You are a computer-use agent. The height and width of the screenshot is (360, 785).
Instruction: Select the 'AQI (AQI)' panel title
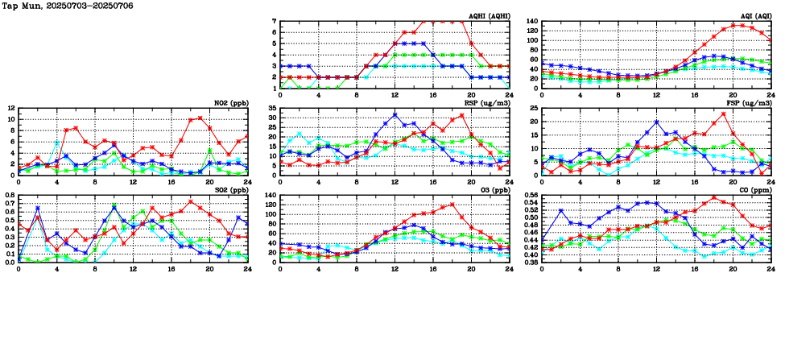coord(754,15)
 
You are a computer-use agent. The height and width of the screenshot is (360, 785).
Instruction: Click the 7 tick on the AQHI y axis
coord(274,22)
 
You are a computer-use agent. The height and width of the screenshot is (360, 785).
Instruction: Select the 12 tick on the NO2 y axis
coord(10,108)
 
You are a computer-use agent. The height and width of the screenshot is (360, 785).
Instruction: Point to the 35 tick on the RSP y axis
coord(272,108)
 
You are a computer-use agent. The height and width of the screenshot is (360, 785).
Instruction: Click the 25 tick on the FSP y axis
coord(532,108)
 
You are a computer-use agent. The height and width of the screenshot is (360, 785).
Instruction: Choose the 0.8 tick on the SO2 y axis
coord(9,195)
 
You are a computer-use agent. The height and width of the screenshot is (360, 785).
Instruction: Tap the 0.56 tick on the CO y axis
coord(528,195)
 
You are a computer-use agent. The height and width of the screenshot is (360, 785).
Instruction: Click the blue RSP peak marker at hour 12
coord(395,114)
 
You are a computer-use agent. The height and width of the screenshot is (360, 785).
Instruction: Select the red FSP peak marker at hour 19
coord(723,114)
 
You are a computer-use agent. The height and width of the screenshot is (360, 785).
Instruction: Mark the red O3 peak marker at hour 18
coord(452,205)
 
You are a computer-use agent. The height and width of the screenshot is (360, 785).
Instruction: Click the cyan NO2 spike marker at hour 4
coord(56,143)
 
